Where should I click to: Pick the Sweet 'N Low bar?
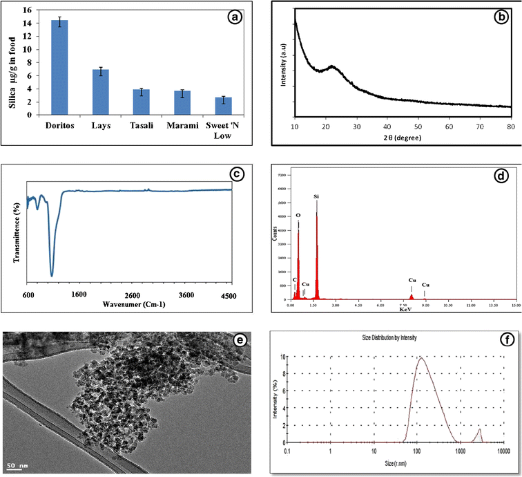click(x=222, y=106)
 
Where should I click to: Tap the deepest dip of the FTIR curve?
click(x=52, y=275)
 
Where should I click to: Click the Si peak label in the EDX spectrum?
click(x=316, y=197)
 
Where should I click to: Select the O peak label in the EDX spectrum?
click(x=298, y=214)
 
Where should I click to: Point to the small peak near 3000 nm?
click(x=480, y=432)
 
